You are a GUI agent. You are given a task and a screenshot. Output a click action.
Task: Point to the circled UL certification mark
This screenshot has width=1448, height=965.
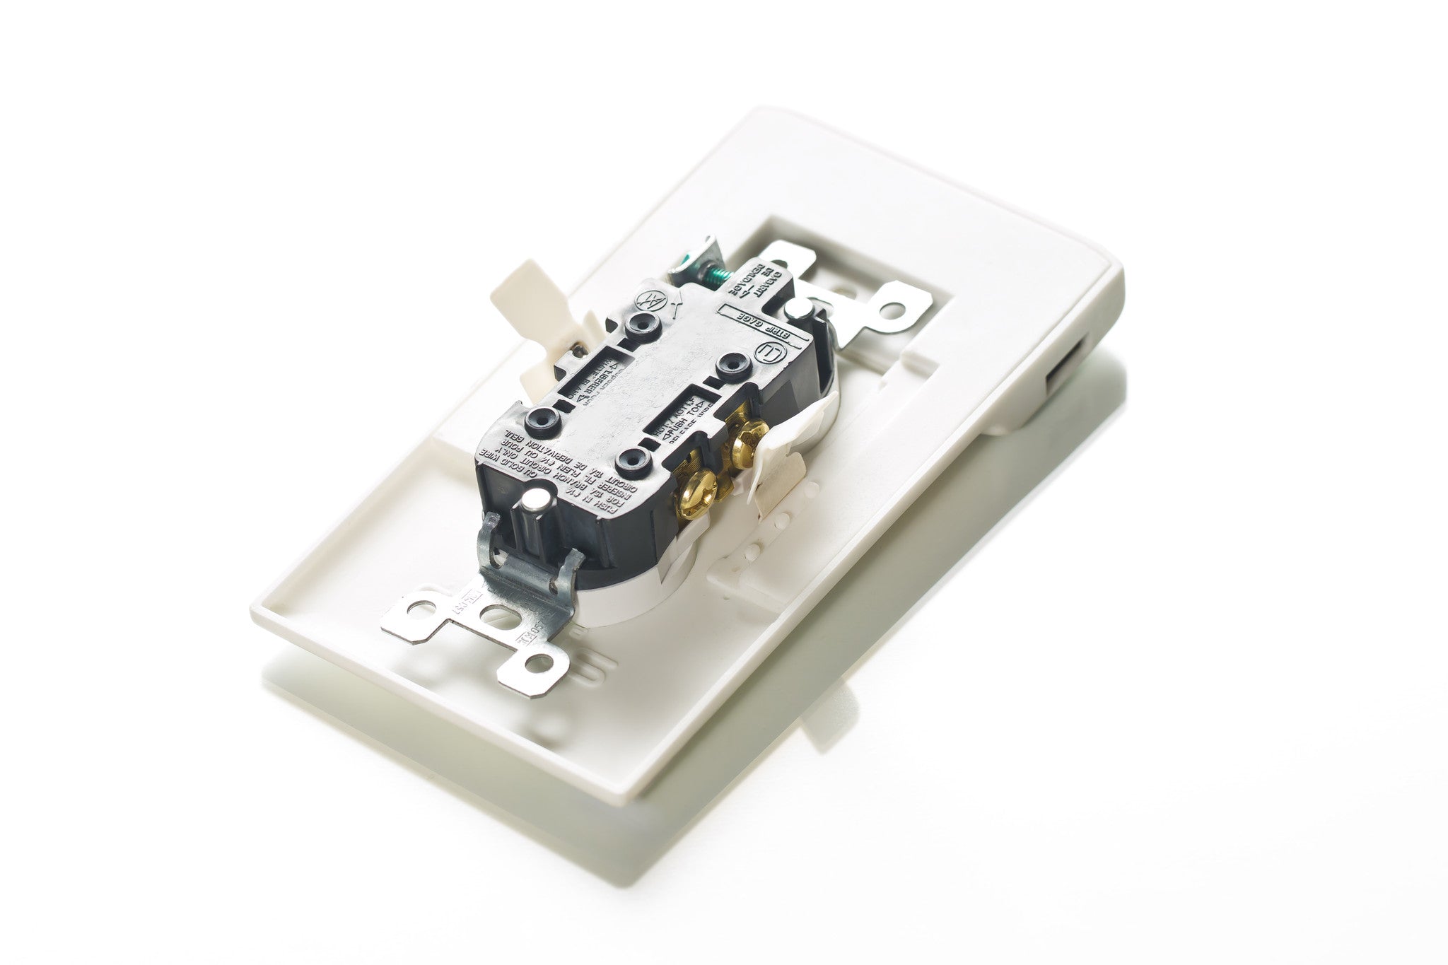(x=766, y=353)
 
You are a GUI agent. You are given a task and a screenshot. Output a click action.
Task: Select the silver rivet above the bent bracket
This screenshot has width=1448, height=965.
(x=537, y=505)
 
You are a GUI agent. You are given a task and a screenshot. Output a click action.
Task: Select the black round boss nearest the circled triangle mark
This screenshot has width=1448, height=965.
(x=640, y=324)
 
